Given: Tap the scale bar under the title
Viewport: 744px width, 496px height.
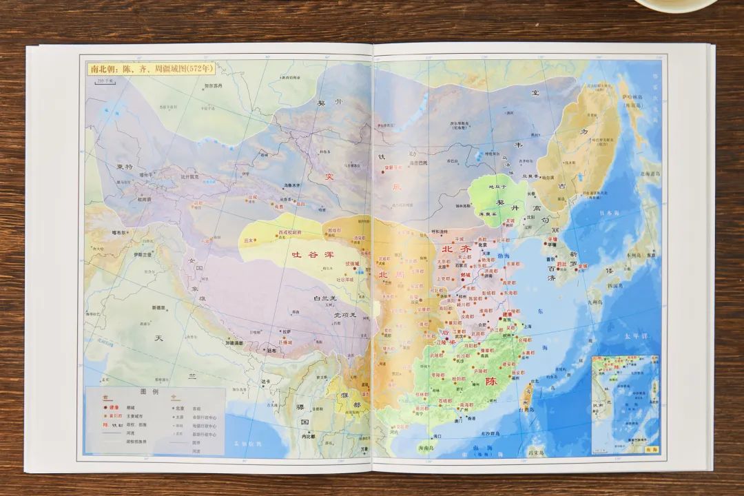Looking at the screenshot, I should point(106,81).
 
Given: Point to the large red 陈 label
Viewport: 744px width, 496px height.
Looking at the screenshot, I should point(490,381).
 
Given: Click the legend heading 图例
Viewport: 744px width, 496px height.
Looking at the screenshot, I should point(149,391).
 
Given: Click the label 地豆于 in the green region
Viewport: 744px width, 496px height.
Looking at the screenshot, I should point(497,187).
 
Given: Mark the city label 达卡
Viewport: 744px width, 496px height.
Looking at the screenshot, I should point(267,381).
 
